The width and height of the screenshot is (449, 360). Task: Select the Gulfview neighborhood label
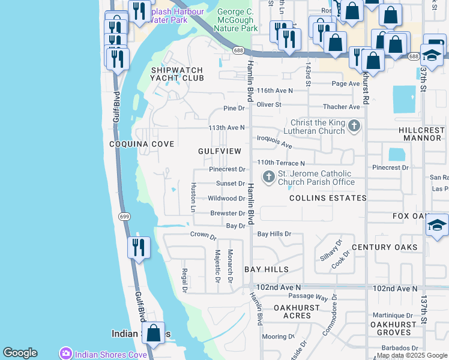(x=220, y=151)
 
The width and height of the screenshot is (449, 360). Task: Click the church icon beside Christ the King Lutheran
(x=354, y=126)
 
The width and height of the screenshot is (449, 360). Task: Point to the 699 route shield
(x=124, y=217)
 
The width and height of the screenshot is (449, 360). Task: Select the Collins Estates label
(x=328, y=197)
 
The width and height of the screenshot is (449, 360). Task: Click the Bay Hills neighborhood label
(x=267, y=269)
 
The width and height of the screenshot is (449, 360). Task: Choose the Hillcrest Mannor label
(x=420, y=134)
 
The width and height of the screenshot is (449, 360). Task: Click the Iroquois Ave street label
(x=274, y=142)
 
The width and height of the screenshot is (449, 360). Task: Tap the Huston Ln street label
(x=193, y=197)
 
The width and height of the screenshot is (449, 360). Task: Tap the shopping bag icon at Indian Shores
(x=154, y=334)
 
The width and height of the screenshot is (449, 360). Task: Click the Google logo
(x=20, y=353)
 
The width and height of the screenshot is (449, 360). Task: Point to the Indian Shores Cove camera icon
(x=65, y=354)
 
